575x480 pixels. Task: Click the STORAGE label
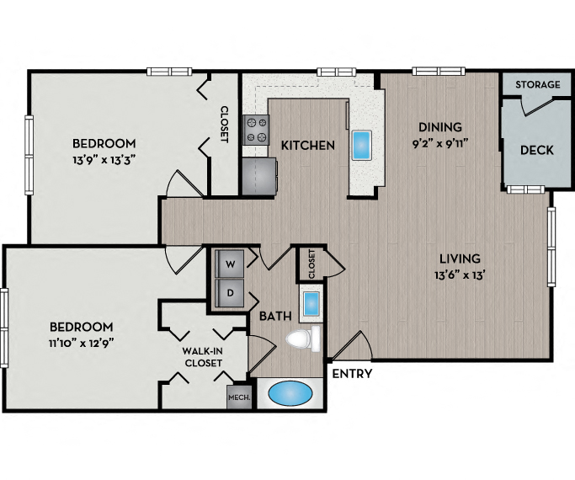click(x=536, y=85)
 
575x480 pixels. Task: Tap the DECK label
click(x=536, y=150)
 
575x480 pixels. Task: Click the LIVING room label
click(x=458, y=259)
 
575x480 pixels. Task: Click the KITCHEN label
click(x=307, y=146)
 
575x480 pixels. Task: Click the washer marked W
click(x=228, y=263)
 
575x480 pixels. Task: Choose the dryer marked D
click(x=228, y=293)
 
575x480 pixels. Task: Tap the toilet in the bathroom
click(x=302, y=339)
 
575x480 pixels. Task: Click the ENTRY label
click(x=352, y=374)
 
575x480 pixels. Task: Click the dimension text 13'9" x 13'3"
click(x=104, y=157)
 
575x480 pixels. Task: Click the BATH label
click(x=275, y=317)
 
